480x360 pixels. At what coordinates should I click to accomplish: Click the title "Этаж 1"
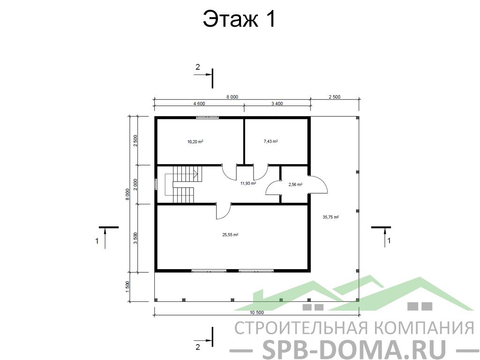pos(240,19)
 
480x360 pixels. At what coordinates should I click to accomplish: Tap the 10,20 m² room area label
pos(195,142)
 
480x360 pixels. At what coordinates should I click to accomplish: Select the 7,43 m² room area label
pos(270,142)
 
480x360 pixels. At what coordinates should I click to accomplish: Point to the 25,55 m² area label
pos(230,235)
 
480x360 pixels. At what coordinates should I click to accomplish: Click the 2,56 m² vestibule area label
pos(295,185)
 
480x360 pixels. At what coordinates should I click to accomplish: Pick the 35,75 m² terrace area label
pos(330,217)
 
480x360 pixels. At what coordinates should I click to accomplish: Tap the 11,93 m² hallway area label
pos(248,183)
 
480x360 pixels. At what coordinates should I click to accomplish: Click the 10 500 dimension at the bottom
pos(256,313)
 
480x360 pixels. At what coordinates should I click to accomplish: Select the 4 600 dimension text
pos(199,104)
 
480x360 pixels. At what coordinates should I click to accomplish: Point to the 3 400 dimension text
pos(277,104)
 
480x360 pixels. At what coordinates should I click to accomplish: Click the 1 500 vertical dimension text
pos(127,287)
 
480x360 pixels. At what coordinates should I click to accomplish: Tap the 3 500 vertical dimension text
pos(135,238)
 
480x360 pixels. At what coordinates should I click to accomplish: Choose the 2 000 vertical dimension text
pos(135,185)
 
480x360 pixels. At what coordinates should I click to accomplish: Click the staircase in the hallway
pos(184,185)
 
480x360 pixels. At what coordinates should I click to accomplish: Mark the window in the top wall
pos(208,117)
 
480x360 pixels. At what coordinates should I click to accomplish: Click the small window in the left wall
pos(156,185)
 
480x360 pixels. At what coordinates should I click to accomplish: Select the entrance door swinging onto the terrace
pos(318,185)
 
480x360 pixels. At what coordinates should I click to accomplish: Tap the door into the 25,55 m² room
pos(224,211)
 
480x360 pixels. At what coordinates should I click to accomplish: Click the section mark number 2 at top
pos(197,67)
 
